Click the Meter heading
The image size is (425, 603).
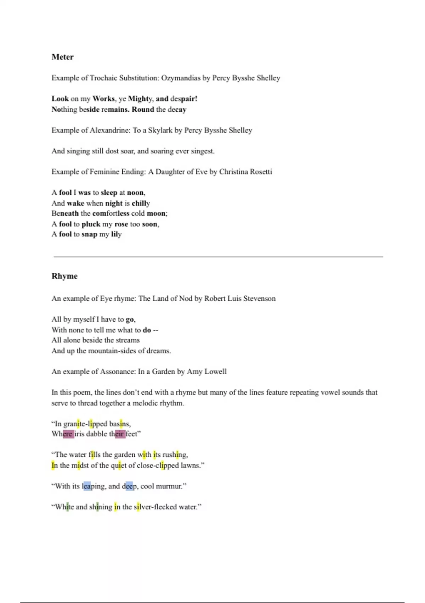pyautogui.click(x=62, y=57)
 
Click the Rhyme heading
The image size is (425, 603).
pyautogui.click(x=64, y=276)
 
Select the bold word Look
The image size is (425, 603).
pyautogui.click(x=60, y=99)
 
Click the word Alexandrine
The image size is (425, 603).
pyautogui.click(x=110, y=130)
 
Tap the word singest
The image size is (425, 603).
pyautogui.click(x=203, y=151)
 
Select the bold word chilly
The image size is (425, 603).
pyautogui.click(x=141, y=204)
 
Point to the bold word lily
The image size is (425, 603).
pyautogui.click(x=116, y=234)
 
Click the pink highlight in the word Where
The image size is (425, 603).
pyautogui.click(x=68, y=434)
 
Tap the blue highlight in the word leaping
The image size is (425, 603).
pyautogui.click(x=87, y=486)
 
